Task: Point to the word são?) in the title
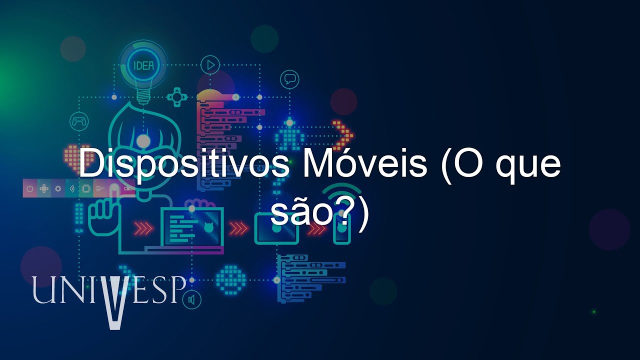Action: pyautogui.click(x=320, y=214)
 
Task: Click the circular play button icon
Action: pyautogui.click(x=210, y=64)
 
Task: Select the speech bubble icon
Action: pyautogui.click(x=289, y=78)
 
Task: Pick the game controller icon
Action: pyautogui.click(x=79, y=120)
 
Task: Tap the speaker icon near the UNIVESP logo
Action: pyautogui.click(x=191, y=300)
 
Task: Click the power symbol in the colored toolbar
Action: pyautogui.click(x=30, y=188)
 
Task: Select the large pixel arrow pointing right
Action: pyautogui.click(x=343, y=134)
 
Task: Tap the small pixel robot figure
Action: pyautogui.click(x=289, y=134)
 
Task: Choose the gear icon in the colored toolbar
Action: pyautogui.click(x=58, y=188)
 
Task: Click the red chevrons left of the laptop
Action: pyautogui.click(x=144, y=228)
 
